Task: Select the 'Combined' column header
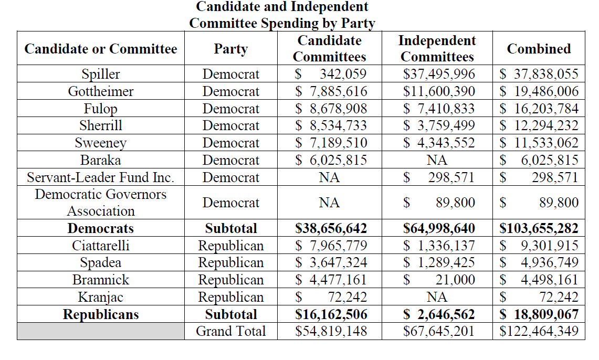pyautogui.click(x=539, y=49)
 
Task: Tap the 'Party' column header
pyautogui.click(x=230, y=49)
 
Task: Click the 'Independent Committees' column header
pyautogui.click(x=437, y=48)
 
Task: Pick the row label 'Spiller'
pyautogui.click(x=100, y=74)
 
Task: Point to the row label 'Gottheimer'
pyautogui.click(x=100, y=91)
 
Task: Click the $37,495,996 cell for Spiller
pyautogui.click(x=439, y=74)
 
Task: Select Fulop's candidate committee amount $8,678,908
pyautogui.click(x=331, y=109)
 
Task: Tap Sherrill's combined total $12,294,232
pyautogui.click(x=539, y=126)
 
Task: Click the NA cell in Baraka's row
pyautogui.click(x=437, y=160)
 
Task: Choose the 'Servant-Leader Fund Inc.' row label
pyautogui.click(x=100, y=177)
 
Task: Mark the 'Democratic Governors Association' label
pyautogui.click(x=100, y=203)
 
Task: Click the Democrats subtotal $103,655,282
pyautogui.click(x=539, y=228)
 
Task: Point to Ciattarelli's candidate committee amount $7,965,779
pyautogui.click(x=331, y=246)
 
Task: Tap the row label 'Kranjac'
pyautogui.click(x=100, y=297)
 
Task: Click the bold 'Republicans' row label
pyautogui.click(x=100, y=314)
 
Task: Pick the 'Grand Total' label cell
pyautogui.click(x=230, y=331)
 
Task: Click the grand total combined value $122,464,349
pyautogui.click(x=539, y=331)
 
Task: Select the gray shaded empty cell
pyautogui.click(x=100, y=331)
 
